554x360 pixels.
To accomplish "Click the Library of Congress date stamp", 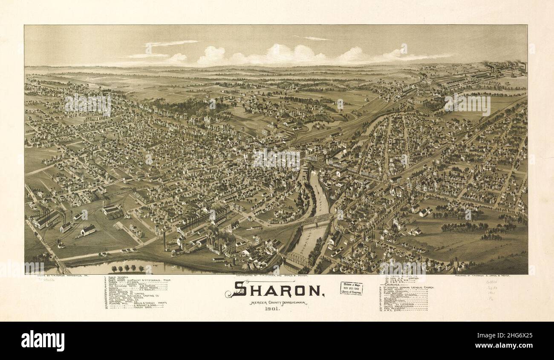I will pos(351,288).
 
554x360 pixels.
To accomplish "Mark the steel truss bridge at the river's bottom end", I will pos(297,259).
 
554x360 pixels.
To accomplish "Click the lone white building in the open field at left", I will pos(88,230).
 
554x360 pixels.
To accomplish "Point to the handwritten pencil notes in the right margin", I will pos(492,290).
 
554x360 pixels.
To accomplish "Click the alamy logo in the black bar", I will pos(43,340).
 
